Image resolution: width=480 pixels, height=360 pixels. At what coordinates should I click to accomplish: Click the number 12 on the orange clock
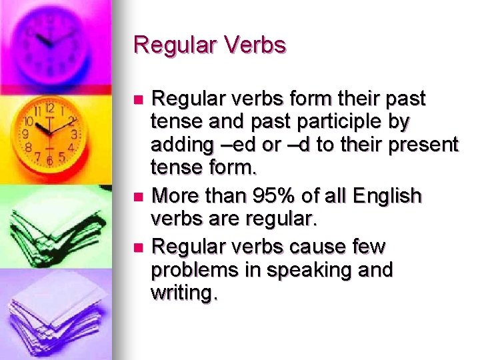(49, 109)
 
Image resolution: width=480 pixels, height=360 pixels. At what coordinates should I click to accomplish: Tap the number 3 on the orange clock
(75, 134)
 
